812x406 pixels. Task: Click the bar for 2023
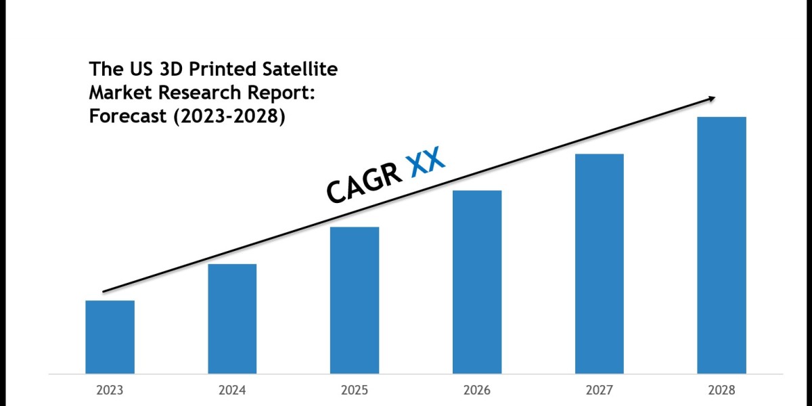pyautogui.click(x=110, y=336)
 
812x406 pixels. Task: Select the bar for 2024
pyautogui.click(x=232, y=318)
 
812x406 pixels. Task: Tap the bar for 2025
pyautogui.click(x=355, y=300)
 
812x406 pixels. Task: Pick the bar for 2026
pyautogui.click(x=477, y=281)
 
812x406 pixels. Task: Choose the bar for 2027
pyautogui.click(x=599, y=263)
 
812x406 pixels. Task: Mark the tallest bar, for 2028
pyautogui.click(x=721, y=245)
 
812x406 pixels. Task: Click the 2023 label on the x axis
pyautogui.click(x=110, y=390)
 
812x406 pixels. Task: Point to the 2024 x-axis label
pyautogui.click(x=232, y=390)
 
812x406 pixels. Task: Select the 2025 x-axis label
pyautogui.click(x=355, y=390)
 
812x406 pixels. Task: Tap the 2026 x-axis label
pyautogui.click(x=477, y=390)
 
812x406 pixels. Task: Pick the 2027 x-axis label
pyautogui.click(x=599, y=390)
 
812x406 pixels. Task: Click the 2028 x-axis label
pyautogui.click(x=721, y=390)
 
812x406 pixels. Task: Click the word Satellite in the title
pyautogui.click(x=302, y=68)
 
